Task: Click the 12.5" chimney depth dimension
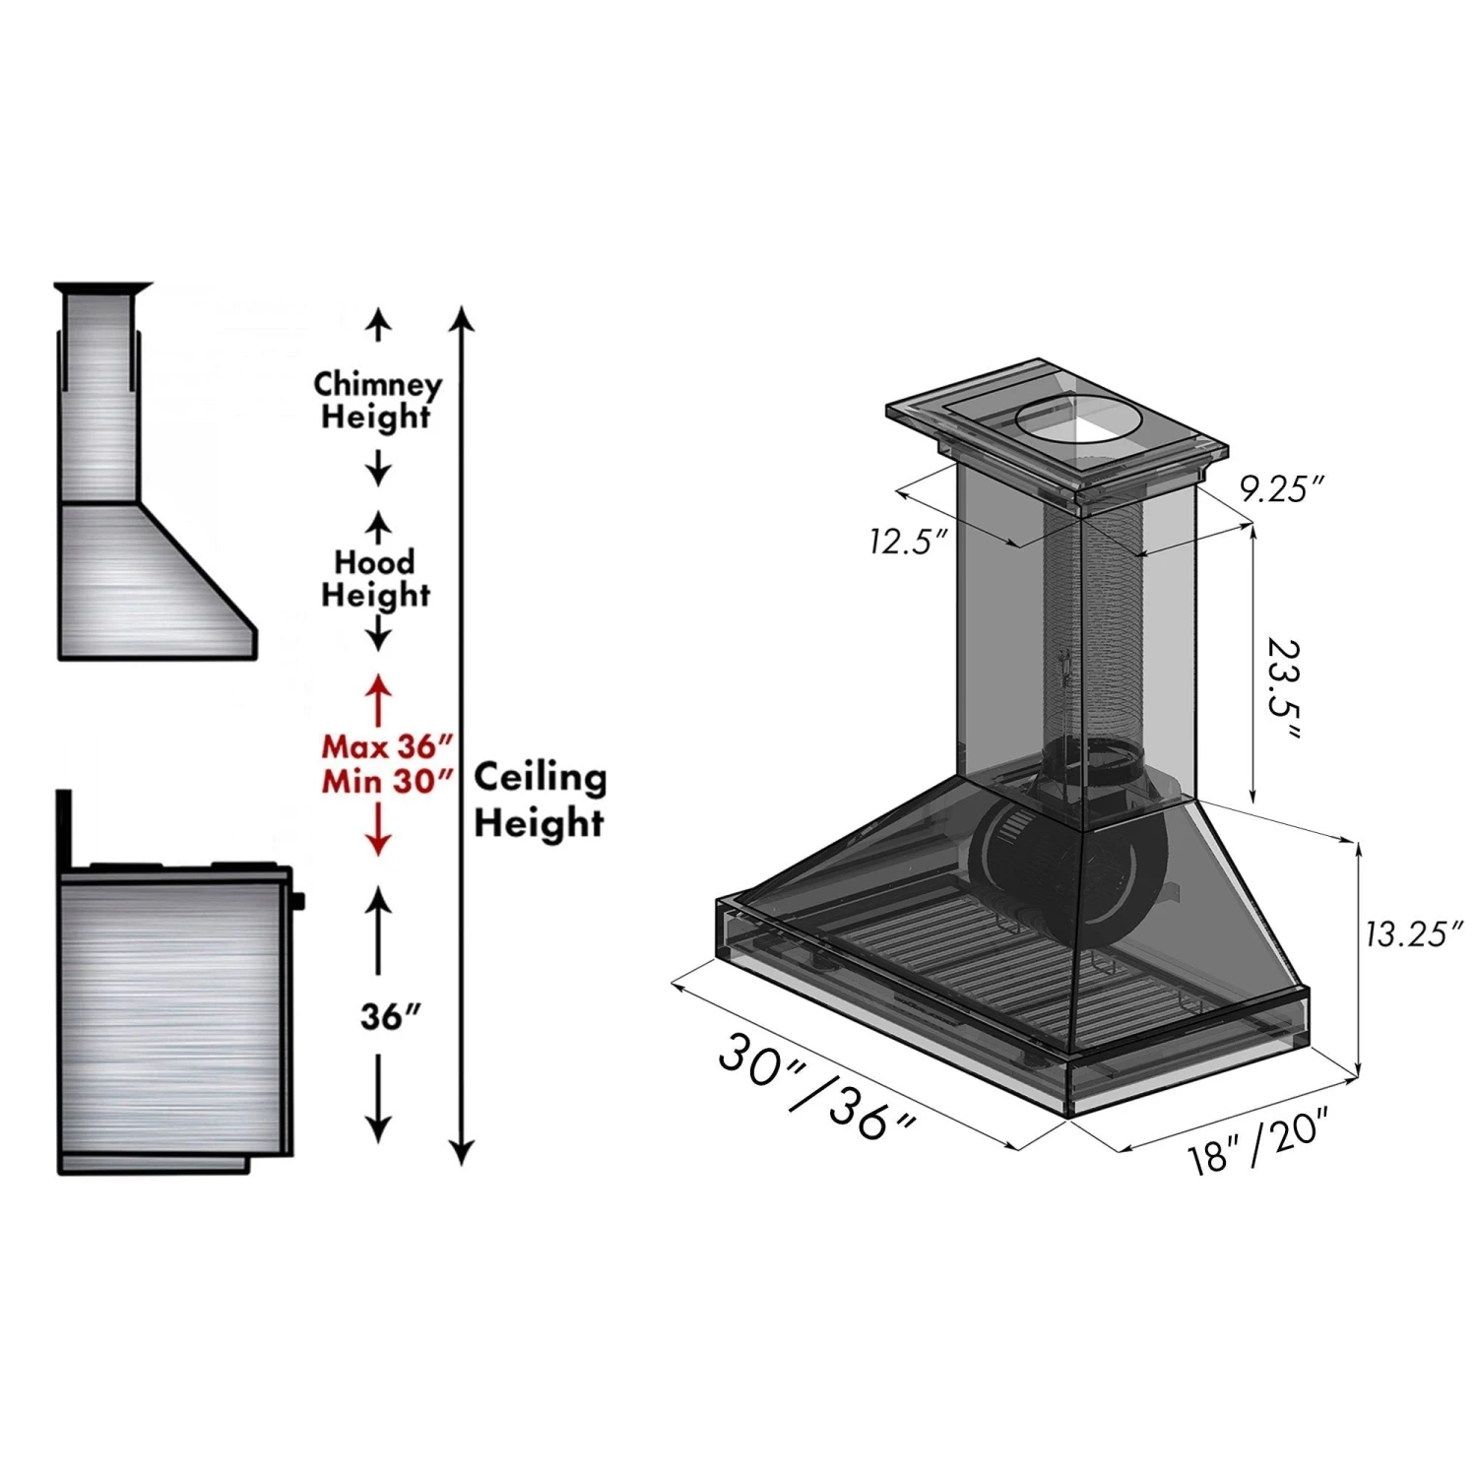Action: pyautogui.click(x=907, y=541)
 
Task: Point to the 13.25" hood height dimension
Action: pyautogui.click(x=1414, y=932)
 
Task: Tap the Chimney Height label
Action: pyautogui.click(x=377, y=400)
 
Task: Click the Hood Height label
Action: pyautogui.click(x=375, y=578)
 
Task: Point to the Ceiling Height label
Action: pyautogui.click(x=540, y=799)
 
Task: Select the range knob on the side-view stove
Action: pyautogui.click(x=298, y=899)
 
